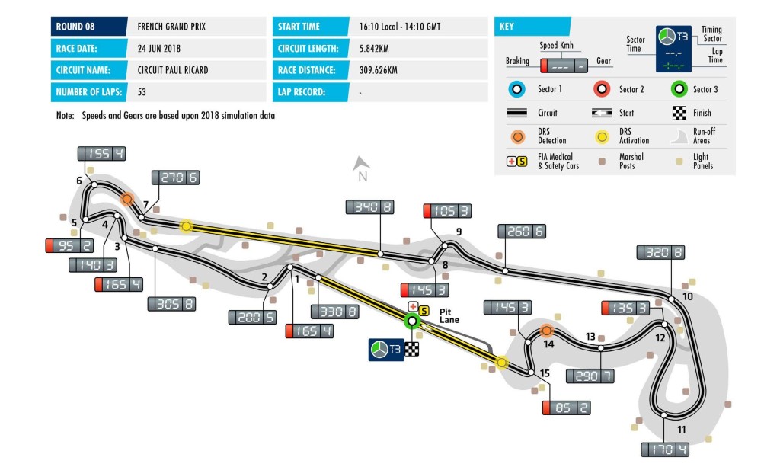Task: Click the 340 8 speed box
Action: [x=369, y=207]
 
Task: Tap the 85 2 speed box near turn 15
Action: [x=566, y=408]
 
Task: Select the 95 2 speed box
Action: [x=69, y=245]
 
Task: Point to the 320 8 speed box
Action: [x=660, y=252]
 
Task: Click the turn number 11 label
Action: [x=681, y=429]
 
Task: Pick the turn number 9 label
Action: [x=459, y=232]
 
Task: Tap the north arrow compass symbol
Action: [x=361, y=163]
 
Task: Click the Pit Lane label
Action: [x=449, y=316]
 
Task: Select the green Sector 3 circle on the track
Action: [x=412, y=321]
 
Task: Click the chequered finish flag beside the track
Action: [x=411, y=349]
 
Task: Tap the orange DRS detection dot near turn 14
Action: [x=547, y=330]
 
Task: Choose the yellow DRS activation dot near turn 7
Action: [x=186, y=226]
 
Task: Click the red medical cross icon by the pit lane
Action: [x=413, y=306]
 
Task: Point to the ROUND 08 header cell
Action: [x=89, y=27]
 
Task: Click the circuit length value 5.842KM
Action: [x=374, y=48]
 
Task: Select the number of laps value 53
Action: [x=142, y=92]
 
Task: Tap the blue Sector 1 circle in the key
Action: [x=517, y=90]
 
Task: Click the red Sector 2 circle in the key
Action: [x=602, y=90]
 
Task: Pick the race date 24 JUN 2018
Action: [x=158, y=48]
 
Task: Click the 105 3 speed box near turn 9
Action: [x=447, y=211]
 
